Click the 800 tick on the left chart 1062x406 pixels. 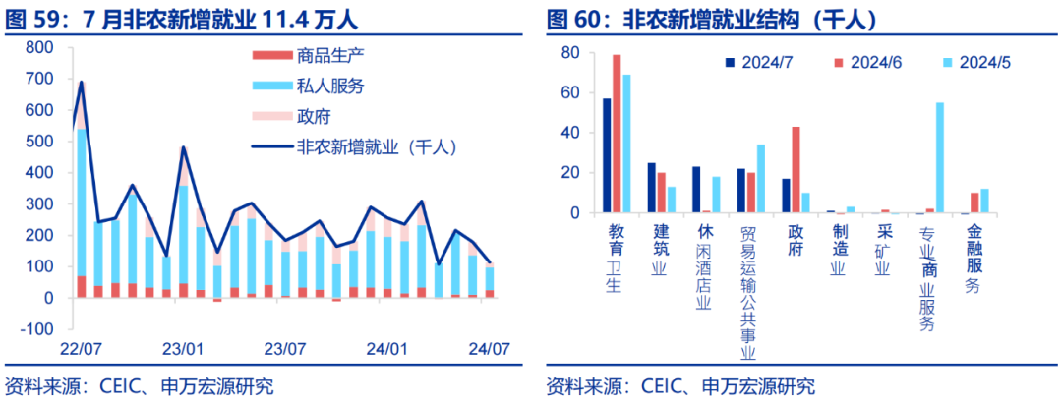coord(38,48)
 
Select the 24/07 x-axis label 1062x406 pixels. coord(489,349)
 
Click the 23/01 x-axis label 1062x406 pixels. coord(183,349)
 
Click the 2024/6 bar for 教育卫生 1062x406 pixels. coord(617,134)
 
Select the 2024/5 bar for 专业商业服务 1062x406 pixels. coord(940,157)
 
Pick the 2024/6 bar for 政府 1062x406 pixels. coord(796,169)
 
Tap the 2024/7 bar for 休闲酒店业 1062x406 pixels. coord(696,190)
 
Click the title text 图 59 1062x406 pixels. coord(34,18)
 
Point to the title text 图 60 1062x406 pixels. coord(574,18)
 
